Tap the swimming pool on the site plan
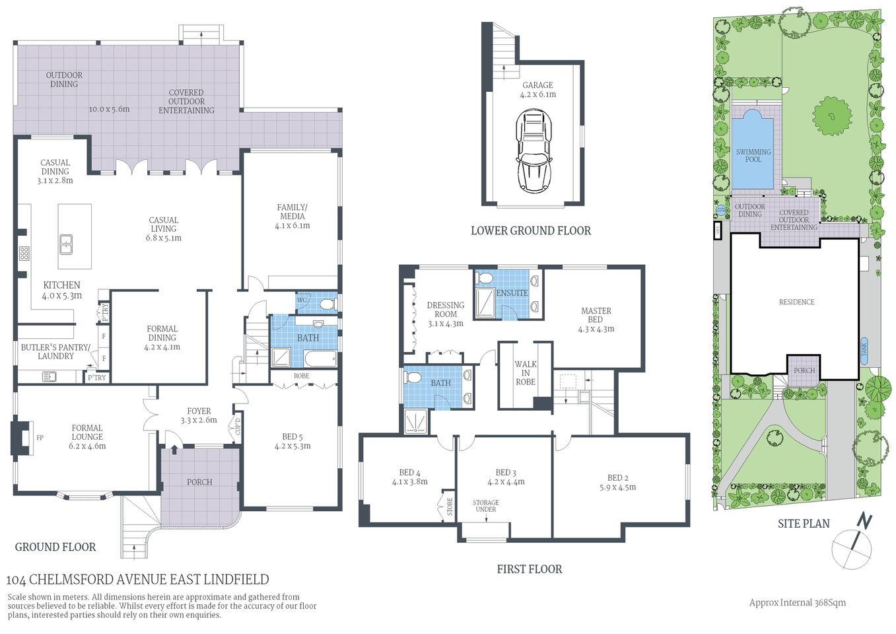click(753, 150)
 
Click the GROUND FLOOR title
click(55, 547)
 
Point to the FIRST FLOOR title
click(529, 569)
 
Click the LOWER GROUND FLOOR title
click(530, 230)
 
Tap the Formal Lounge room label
click(87, 433)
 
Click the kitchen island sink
click(66, 244)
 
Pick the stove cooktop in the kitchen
click(24, 253)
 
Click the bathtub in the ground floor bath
click(320, 359)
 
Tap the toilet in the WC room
click(325, 304)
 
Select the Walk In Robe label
click(526, 372)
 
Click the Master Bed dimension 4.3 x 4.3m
click(596, 328)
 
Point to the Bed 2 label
click(617, 477)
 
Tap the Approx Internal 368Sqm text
click(797, 602)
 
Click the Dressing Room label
click(446, 310)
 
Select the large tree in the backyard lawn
click(831, 116)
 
